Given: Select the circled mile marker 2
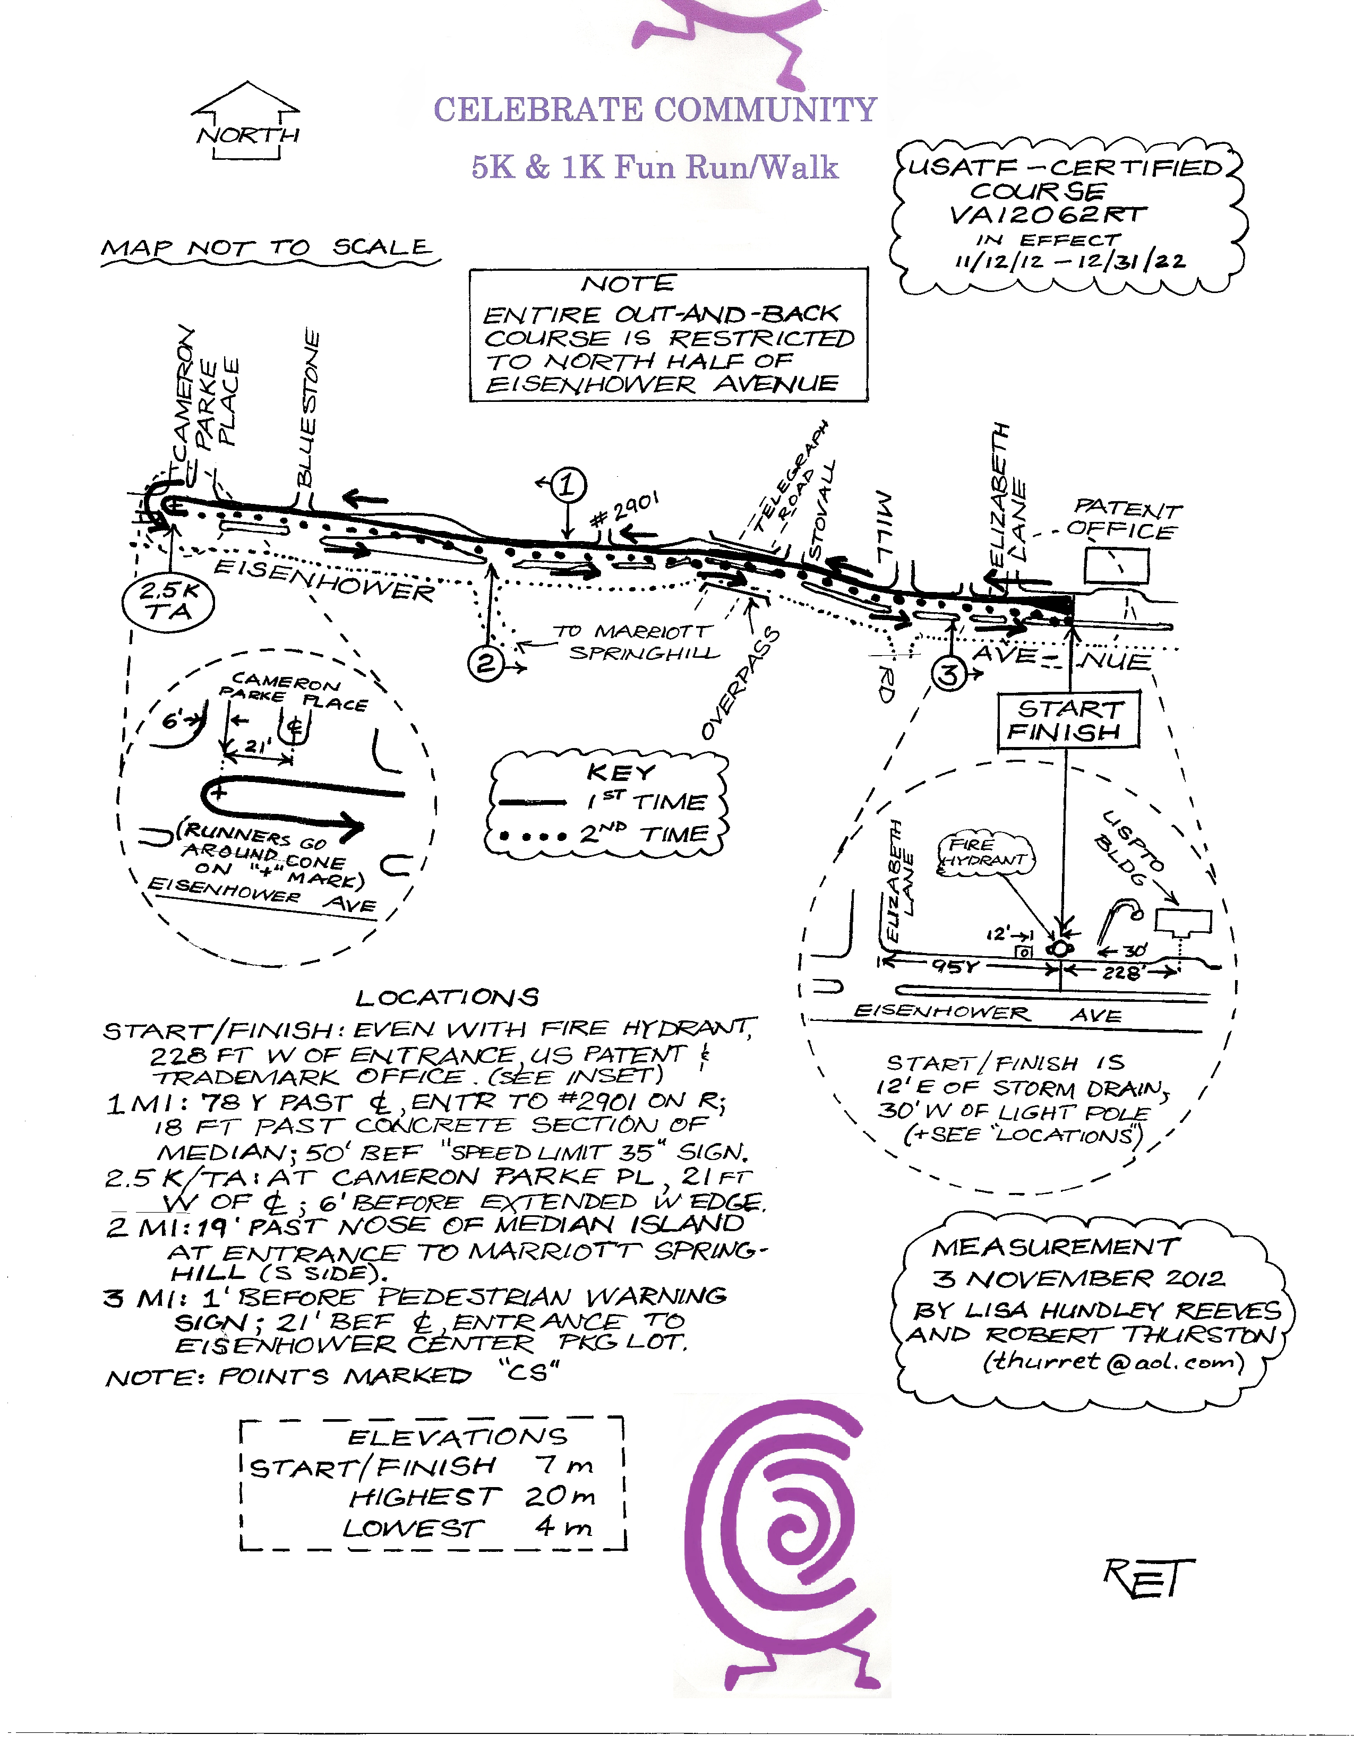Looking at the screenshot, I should coord(485,664).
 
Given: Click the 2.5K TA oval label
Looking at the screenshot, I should coord(168,602).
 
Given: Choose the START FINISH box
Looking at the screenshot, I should coord(1068,720).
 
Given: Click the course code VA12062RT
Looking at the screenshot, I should coord(1048,215).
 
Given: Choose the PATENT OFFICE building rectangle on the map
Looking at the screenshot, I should coord(1116,565).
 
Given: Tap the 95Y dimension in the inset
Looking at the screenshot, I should coord(955,967).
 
